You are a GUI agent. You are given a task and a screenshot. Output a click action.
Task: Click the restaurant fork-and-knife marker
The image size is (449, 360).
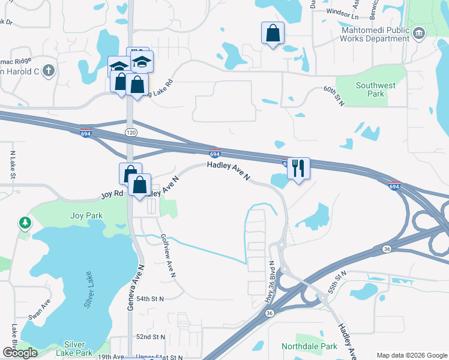click(298, 169)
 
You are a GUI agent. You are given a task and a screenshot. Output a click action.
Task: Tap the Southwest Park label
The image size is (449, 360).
click(375, 89)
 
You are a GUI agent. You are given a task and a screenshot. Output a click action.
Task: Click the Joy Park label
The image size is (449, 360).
click(86, 215)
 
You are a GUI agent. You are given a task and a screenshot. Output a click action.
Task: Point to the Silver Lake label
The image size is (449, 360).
click(91, 293)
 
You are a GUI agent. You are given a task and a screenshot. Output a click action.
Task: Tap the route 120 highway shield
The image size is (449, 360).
click(131, 132)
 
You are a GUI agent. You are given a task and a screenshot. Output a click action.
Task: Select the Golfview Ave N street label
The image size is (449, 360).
click(167, 256)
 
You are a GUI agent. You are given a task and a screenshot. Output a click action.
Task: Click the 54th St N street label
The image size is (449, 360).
click(150, 298)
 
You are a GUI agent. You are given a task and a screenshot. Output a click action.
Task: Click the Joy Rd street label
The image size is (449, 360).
click(112, 194)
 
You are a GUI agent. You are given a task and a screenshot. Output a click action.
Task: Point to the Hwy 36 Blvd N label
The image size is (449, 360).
click(271, 282)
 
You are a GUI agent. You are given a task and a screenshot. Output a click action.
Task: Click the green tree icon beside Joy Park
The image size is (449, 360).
click(25, 224)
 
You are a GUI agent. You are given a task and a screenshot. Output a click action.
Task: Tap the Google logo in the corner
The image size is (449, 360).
click(19, 353)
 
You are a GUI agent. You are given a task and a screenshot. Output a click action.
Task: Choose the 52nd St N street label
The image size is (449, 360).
click(150, 337)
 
